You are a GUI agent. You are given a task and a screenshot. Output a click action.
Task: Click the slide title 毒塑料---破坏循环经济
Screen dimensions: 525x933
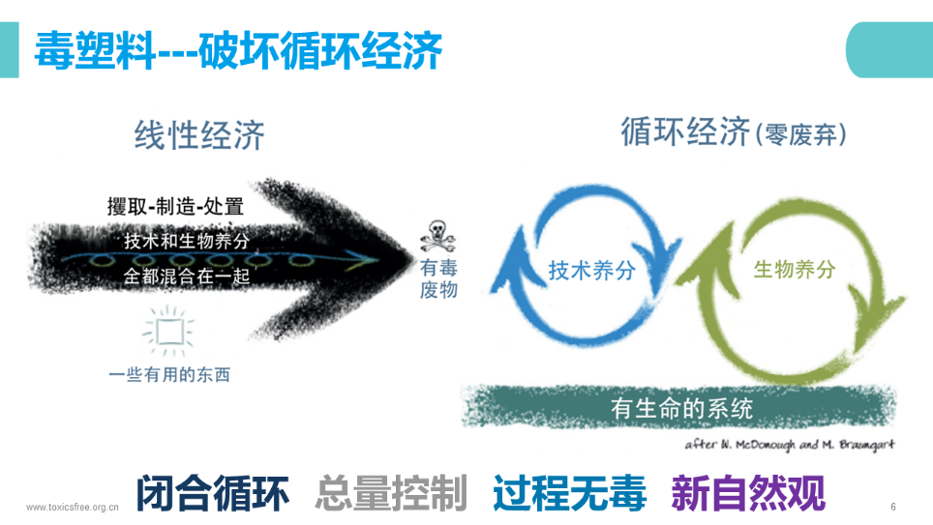point(238,50)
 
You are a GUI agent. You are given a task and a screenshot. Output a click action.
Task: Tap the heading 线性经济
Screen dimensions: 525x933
point(198,135)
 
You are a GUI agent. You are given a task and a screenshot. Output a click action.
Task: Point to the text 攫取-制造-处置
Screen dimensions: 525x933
point(174,206)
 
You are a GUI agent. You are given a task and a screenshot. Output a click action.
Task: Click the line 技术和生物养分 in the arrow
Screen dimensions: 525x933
point(187,241)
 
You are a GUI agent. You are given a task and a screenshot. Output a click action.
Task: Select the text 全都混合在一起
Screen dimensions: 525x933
point(187,277)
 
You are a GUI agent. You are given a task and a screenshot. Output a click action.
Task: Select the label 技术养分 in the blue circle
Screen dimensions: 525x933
point(591,271)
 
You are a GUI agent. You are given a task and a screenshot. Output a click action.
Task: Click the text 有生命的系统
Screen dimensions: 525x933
point(681,408)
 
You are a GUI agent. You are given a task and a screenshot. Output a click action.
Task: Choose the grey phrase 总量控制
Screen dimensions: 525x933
point(391,494)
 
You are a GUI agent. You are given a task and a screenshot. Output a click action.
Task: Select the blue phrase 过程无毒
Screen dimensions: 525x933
point(569,494)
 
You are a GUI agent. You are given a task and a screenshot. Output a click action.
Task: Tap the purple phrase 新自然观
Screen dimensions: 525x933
point(748,494)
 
